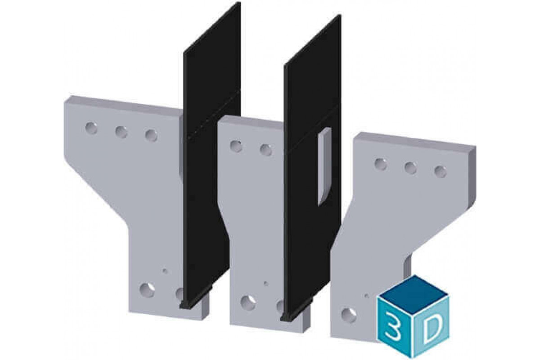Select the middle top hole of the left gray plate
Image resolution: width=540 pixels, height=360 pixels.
pos(121,132)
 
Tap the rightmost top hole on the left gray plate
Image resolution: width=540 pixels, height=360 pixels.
pos(151,135)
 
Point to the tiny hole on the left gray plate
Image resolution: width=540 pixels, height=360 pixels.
pos(166,271)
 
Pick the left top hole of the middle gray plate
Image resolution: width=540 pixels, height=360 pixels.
pos(235,146)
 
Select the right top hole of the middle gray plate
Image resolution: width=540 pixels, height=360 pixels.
pos(265,149)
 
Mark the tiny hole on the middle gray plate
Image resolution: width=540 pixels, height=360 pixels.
pos(266,283)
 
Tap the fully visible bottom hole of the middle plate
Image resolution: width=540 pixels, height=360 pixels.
pos(246,301)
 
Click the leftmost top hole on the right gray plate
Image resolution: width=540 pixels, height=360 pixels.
pos(381,164)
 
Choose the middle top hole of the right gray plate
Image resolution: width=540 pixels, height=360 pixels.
pos(410,168)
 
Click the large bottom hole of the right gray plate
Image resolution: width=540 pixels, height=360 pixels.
pos(347,314)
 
